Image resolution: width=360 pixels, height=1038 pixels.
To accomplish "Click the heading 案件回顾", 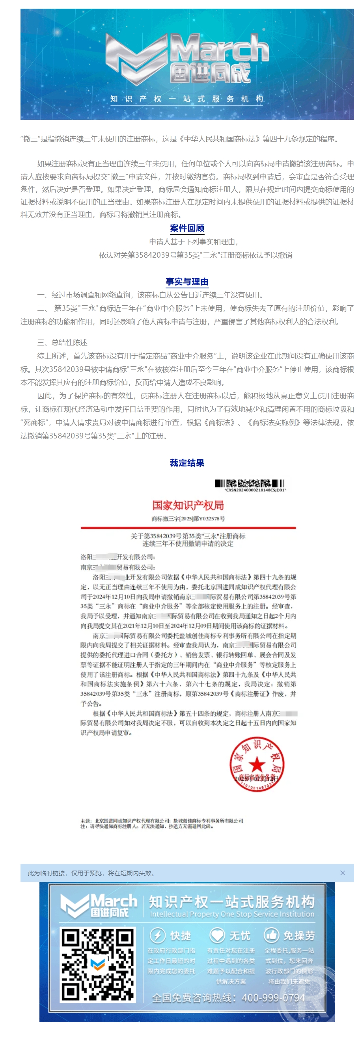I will coord(187,228).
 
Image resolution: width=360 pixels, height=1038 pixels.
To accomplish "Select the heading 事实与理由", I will coord(187,281).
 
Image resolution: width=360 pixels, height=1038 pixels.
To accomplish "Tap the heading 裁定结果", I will coord(187,462).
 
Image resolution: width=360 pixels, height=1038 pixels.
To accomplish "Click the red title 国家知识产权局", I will coord(188,505).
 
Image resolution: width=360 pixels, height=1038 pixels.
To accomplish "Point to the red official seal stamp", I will coord(257,764).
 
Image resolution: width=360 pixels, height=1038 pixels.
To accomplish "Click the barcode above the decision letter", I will coord(250,483).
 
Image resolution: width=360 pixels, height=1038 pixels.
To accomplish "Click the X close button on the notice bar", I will coord(342,873).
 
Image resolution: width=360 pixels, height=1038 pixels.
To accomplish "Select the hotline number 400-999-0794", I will coord(273,998).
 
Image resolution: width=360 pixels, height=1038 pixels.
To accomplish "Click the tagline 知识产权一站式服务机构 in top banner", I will coord(187,99).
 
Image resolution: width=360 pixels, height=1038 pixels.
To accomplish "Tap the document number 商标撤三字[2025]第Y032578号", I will coord(188,518).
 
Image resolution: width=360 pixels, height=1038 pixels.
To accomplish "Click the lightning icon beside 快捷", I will coord(158,935).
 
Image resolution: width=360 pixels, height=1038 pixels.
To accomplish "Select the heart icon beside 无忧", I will coord(217,935).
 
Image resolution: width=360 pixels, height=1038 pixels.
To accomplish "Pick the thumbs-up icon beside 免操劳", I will coord(271,935).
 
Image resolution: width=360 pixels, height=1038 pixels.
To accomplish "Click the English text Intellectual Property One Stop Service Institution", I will coord(232,914).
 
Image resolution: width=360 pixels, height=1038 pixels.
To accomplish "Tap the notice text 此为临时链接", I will coord(91,873).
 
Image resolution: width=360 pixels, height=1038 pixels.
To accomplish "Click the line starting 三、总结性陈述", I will coord(62,342).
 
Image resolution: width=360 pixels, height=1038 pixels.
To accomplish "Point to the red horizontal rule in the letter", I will coord(188,527).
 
